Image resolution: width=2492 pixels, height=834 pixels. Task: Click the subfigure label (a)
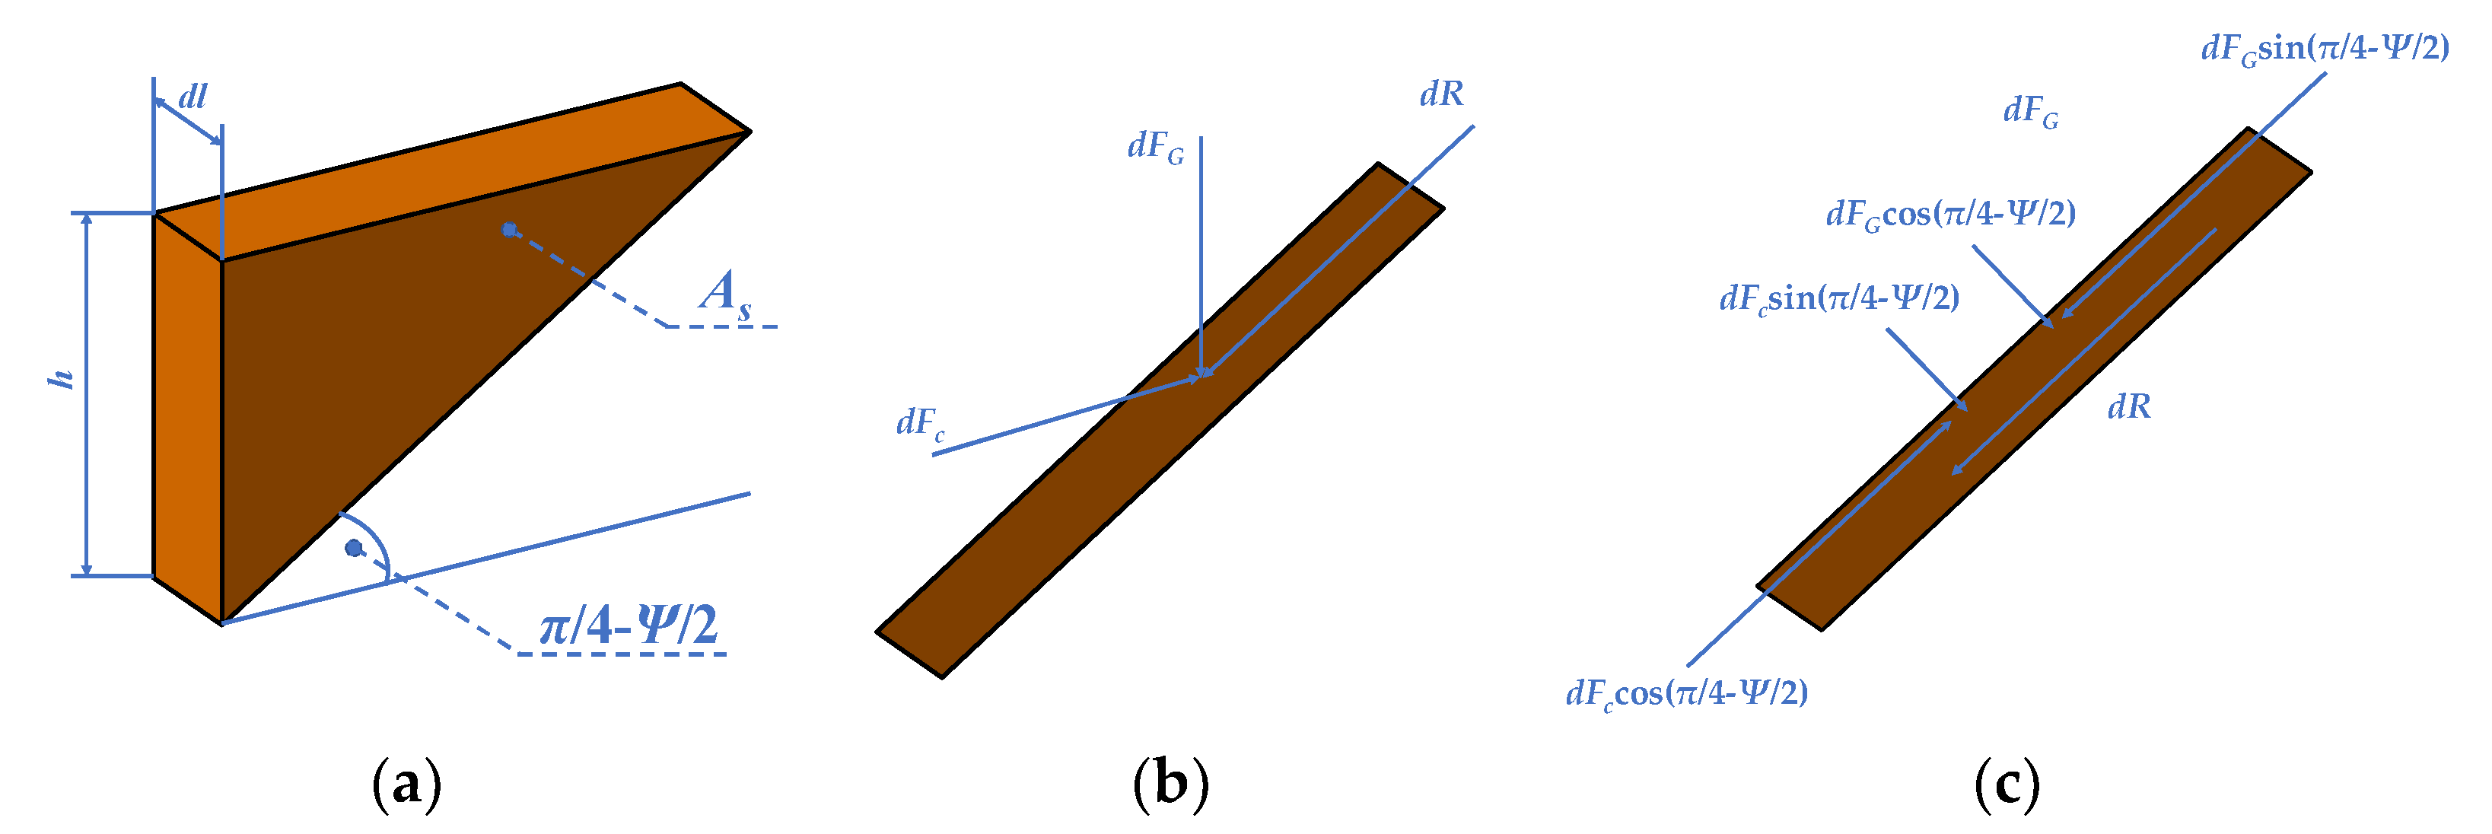coord(406,784)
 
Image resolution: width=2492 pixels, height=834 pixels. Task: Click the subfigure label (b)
coord(1170,784)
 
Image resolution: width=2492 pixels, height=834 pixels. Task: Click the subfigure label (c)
coord(2007,784)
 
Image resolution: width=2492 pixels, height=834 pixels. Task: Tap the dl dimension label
coord(193,97)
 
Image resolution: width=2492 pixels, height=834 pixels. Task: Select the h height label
coord(62,378)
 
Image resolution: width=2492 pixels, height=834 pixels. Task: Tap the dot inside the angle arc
coord(354,549)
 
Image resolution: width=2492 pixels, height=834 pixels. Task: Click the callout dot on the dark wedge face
coord(509,229)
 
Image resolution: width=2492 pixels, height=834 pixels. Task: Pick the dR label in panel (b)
coord(1441,94)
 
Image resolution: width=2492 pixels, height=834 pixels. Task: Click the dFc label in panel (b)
coord(920,423)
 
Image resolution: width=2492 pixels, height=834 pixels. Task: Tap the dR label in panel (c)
coord(2129,407)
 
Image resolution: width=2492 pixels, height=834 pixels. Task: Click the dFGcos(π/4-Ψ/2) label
coord(1950,214)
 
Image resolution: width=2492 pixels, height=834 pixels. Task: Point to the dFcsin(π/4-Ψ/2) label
coord(1839,298)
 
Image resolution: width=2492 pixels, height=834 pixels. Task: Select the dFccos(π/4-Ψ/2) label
coord(1686,692)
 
